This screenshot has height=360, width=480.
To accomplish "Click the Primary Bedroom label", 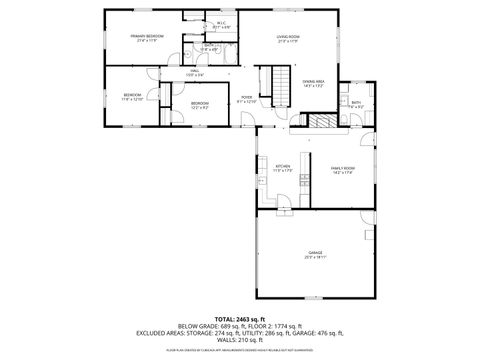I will pyautogui.click(x=146, y=37).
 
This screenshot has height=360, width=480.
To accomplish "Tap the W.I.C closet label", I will pyautogui.click(x=221, y=23).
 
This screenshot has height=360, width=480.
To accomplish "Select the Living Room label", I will pyautogui.click(x=289, y=37).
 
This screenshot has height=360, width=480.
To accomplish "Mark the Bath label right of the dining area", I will pyautogui.click(x=357, y=104).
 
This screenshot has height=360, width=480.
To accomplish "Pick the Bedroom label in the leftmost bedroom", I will pyautogui.click(x=133, y=97).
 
